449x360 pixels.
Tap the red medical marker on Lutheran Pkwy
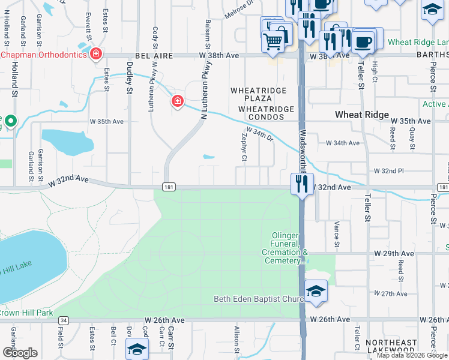coord(177,101)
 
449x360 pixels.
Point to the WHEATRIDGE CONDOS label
coord(267,109)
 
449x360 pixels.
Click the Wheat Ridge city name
coord(361,115)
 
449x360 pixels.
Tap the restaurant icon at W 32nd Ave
coord(302,183)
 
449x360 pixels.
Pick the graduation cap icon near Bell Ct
coord(137,350)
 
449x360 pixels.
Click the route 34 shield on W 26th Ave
coord(64,320)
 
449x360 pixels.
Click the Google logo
coord(19,352)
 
